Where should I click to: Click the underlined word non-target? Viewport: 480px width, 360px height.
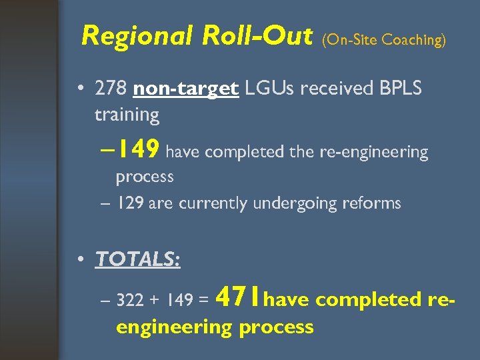[x=186, y=89]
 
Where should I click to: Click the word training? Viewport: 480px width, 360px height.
[x=127, y=115]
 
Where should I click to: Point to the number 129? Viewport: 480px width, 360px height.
[x=130, y=203]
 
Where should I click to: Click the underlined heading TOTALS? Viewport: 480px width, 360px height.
[x=138, y=259]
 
